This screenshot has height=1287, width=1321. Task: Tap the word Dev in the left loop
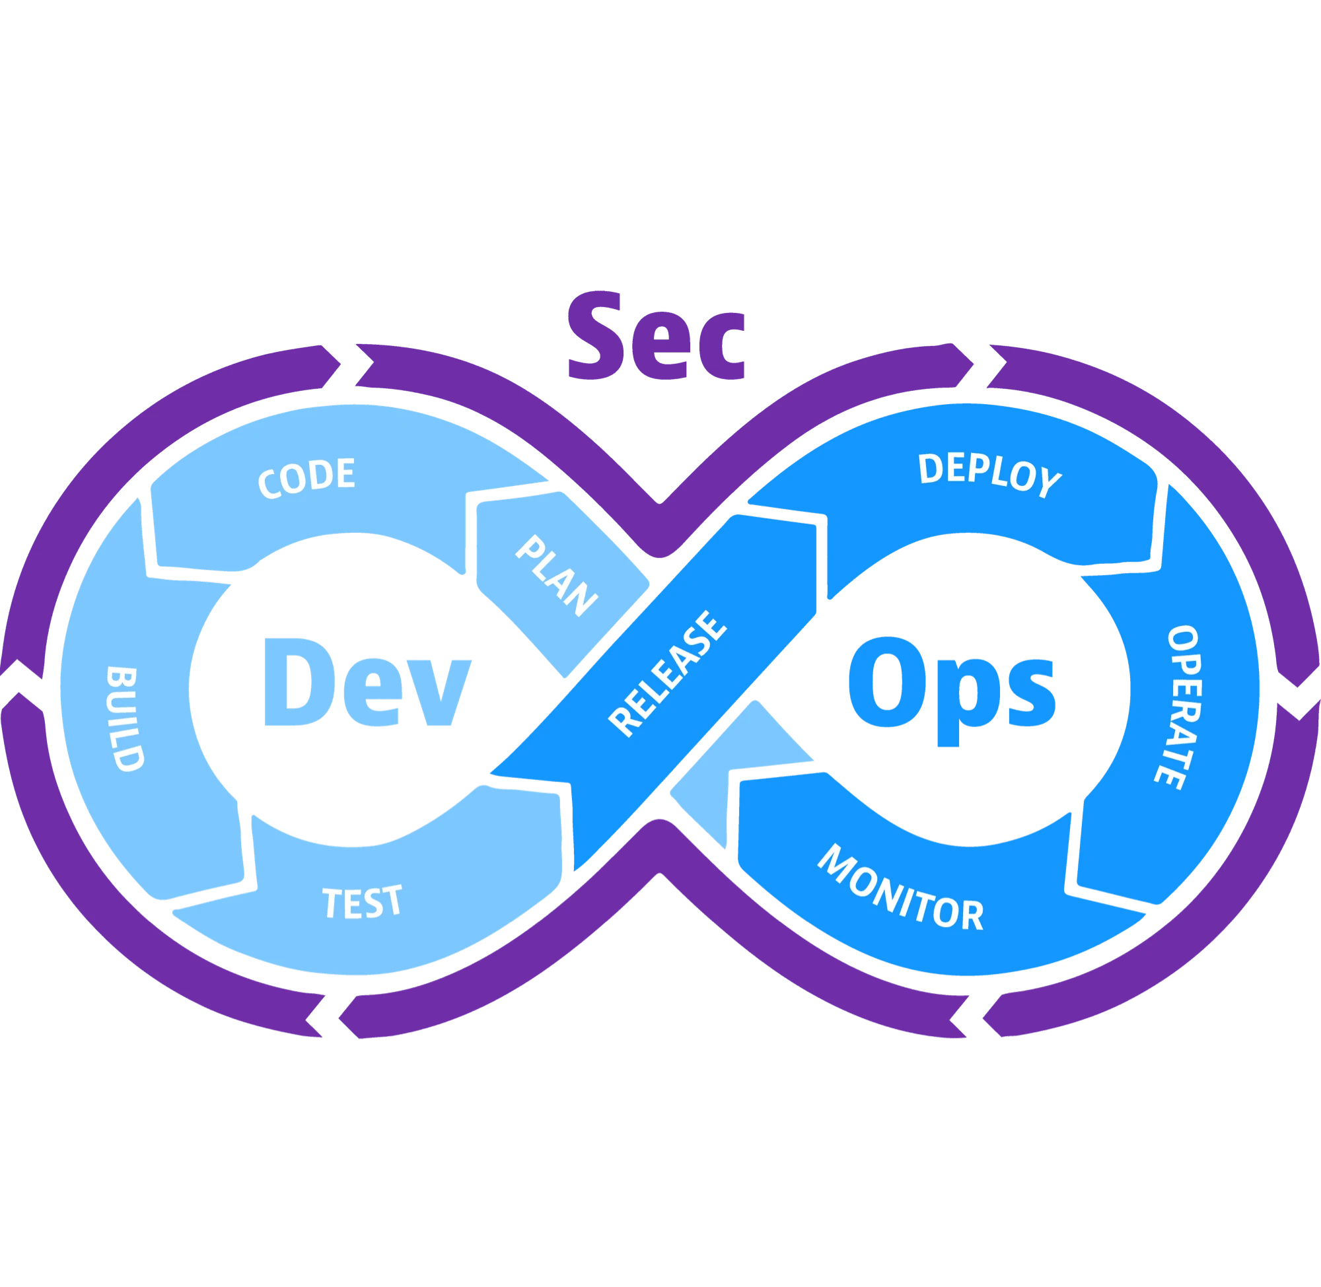tap(366, 683)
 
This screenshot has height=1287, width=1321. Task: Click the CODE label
tap(306, 477)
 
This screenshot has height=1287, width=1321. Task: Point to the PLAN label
tap(556, 575)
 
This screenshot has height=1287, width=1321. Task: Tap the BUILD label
tap(125, 719)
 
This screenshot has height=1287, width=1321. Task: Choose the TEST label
tap(363, 902)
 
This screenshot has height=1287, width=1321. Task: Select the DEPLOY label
tap(989, 475)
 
